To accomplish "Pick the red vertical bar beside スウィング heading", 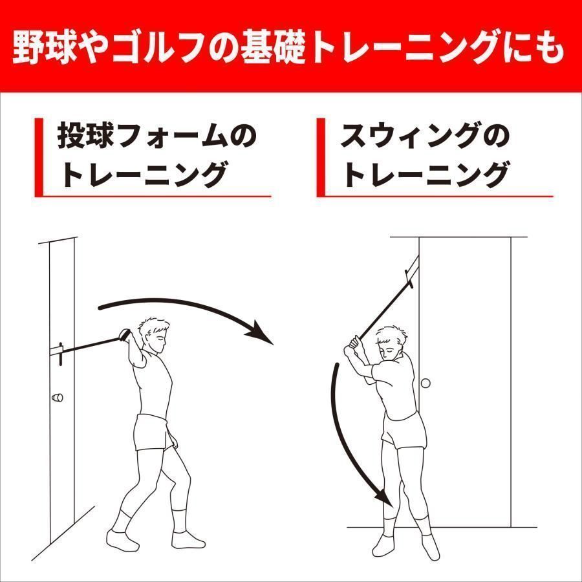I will [320, 157].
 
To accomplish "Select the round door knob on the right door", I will [426, 383].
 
